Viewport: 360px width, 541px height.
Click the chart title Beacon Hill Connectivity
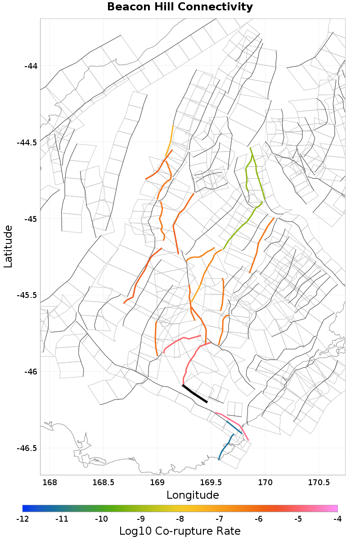point(180,7)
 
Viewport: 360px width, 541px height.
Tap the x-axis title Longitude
point(193,495)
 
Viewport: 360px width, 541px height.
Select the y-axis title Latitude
point(8,247)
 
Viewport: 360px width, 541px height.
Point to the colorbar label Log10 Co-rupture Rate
point(180,531)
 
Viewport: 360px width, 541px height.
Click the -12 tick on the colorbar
point(22,519)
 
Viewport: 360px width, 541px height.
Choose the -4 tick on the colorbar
point(337,519)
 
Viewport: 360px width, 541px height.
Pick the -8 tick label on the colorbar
point(180,519)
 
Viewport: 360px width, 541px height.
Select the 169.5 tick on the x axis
point(211,483)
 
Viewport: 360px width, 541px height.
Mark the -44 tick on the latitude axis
point(31,66)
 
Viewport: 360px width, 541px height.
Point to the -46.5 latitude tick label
point(27,448)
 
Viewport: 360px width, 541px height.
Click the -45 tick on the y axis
point(31,219)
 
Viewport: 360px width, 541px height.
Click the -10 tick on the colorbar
point(101,519)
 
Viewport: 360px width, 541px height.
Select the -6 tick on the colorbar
point(259,519)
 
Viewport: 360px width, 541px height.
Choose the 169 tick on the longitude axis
point(157,483)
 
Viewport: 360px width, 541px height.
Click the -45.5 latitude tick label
point(27,295)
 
